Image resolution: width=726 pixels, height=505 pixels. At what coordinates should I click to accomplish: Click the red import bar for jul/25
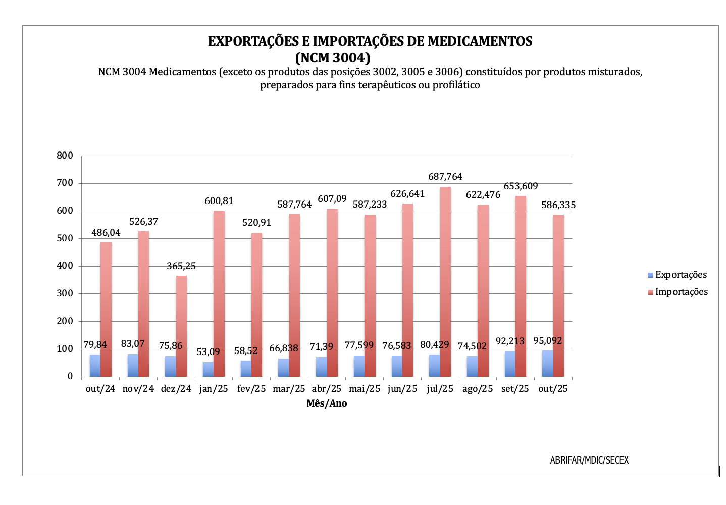(x=445, y=282)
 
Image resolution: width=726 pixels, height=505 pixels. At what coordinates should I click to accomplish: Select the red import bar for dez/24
(x=181, y=326)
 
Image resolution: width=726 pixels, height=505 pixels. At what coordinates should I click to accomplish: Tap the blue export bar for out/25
(x=547, y=364)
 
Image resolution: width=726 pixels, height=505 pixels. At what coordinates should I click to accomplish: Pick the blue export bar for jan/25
(x=208, y=369)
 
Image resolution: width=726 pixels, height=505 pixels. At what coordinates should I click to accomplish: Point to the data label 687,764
(x=445, y=177)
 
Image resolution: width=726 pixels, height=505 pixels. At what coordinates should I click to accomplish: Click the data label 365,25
(x=181, y=266)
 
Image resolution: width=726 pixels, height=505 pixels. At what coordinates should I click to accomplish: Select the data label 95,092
(x=548, y=341)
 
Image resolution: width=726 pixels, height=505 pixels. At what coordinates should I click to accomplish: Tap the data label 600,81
(x=219, y=201)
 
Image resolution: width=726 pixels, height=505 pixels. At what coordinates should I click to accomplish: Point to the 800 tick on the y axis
(x=65, y=156)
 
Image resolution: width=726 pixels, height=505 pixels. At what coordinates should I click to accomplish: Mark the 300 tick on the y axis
(x=65, y=293)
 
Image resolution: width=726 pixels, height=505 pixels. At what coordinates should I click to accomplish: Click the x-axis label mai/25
(x=365, y=389)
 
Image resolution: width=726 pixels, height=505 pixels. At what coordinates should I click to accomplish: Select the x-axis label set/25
(x=515, y=389)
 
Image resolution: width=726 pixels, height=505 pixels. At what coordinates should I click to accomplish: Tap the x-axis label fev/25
(x=251, y=389)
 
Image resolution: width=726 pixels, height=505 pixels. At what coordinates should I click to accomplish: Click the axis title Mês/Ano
(x=327, y=403)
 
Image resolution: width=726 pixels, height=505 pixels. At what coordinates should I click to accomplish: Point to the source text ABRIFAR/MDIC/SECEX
(x=589, y=460)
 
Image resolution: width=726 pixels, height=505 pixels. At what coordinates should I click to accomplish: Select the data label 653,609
(x=521, y=186)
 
